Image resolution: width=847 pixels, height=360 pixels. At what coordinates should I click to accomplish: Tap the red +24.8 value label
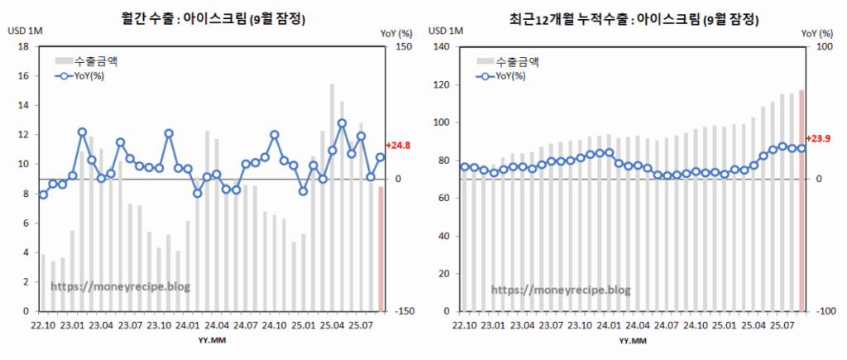[x=398, y=146]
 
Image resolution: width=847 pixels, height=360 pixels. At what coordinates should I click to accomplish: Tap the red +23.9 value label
[x=818, y=138]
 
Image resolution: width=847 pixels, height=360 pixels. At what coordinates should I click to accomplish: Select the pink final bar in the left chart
[x=380, y=248]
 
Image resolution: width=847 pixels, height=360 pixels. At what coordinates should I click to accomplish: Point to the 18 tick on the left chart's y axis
[x=26, y=47]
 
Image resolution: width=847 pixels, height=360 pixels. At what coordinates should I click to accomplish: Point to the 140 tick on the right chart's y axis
[x=440, y=47]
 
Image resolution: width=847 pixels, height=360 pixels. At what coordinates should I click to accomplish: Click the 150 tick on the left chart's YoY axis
[x=403, y=47]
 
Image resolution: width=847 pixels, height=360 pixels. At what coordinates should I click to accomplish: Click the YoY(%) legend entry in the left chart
[x=93, y=76]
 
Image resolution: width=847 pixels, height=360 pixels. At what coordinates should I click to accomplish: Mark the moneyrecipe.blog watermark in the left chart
[x=121, y=286]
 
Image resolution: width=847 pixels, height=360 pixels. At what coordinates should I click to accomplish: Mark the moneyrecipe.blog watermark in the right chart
[x=561, y=290]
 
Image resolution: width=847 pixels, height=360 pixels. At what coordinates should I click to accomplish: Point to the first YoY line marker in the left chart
[x=43, y=194]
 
